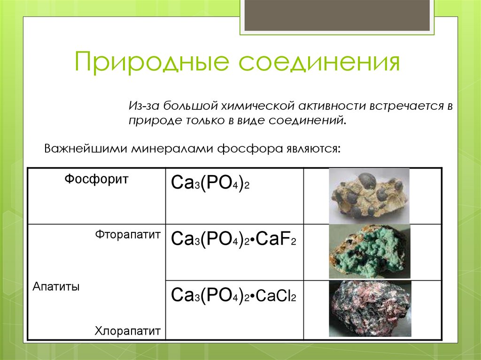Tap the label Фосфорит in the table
96,179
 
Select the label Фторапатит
128,234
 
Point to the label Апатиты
56,287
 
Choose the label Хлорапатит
128,330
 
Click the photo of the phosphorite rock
369,195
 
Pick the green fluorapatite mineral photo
369,252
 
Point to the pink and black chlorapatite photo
369,308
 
